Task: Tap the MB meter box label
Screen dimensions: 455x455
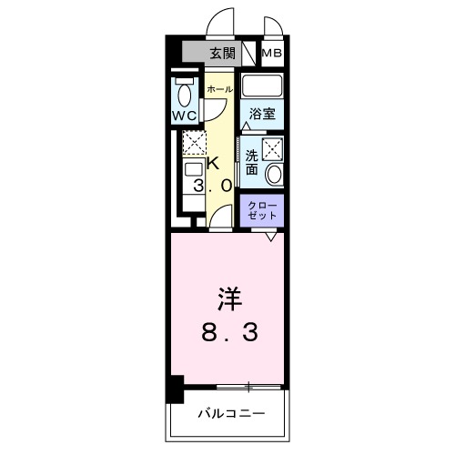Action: pyautogui.click(x=272, y=54)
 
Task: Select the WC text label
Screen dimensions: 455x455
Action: pyautogui.click(x=185, y=116)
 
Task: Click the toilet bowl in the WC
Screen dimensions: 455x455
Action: pyautogui.click(x=185, y=93)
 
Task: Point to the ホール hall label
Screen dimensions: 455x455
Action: pyautogui.click(x=219, y=89)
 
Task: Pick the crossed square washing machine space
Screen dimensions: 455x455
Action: pyautogui.click(x=272, y=150)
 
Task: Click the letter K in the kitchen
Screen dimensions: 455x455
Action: pyautogui.click(x=213, y=164)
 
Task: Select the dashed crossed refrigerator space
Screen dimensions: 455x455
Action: pyautogui.click(x=193, y=143)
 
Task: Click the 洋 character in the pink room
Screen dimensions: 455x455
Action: pyautogui.click(x=227, y=299)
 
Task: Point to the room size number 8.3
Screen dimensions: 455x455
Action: pyautogui.click(x=228, y=332)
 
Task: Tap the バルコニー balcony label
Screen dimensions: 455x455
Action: pyautogui.click(x=231, y=413)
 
